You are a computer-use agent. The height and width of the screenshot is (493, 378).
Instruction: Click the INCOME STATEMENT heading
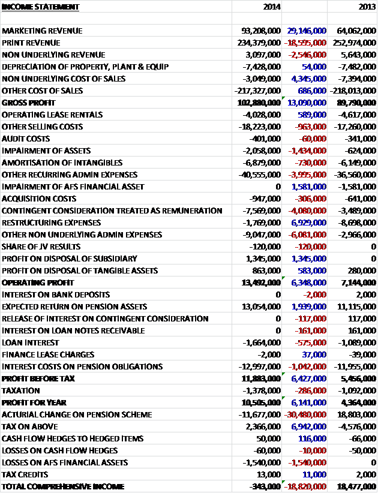(41, 7)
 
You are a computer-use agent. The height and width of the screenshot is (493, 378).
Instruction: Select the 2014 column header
(272, 7)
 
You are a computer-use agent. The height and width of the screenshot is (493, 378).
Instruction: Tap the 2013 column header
(367, 7)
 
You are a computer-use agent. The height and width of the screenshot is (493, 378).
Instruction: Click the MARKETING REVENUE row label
(42, 31)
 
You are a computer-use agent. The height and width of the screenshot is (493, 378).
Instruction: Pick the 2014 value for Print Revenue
(259, 43)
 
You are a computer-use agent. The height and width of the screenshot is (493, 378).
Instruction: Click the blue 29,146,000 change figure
(307, 31)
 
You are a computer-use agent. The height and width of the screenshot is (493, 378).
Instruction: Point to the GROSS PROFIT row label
(28, 103)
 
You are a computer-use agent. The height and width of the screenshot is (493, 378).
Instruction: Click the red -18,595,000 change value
(305, 43)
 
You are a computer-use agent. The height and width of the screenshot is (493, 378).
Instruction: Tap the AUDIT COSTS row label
(26, 139)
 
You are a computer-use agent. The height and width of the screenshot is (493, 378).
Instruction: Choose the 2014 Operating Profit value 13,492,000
(261, 282)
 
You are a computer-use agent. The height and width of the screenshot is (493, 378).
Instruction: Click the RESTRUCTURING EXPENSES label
(51, 223)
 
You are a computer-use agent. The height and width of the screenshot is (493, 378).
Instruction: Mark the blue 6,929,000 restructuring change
(309, 223)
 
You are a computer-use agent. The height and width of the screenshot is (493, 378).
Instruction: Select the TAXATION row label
(21, 390)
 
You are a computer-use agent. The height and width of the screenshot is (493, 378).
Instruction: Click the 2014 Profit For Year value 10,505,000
(261, 402)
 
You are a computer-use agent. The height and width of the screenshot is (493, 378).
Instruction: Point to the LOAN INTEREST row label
(30, 342)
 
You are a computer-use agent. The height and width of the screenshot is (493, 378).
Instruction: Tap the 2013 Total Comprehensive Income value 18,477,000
(356, 486)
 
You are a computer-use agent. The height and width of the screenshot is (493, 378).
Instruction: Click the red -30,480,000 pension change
(305, 414)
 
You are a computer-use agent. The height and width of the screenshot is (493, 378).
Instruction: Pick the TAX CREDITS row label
(25, 474)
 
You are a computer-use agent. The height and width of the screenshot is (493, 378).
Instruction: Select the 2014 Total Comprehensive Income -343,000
(265, 486)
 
